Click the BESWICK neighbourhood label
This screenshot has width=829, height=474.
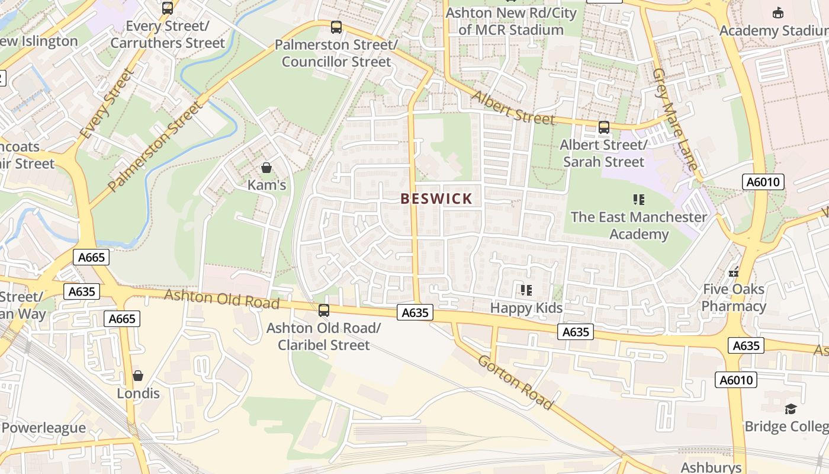[436, 199]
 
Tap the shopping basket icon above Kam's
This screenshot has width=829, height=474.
[266, 168]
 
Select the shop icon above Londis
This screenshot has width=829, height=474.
[138, 376]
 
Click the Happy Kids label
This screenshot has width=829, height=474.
[526, 308]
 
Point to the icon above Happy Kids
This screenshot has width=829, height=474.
[526, 290]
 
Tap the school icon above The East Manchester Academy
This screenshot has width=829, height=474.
[638, 199]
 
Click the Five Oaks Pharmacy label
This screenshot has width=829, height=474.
[734, 297]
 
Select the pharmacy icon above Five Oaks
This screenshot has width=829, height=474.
[734, 273]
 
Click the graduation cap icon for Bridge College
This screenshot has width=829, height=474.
[791, 409]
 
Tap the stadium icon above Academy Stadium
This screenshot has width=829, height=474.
[778, 12]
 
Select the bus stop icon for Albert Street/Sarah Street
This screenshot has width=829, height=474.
[603, 127]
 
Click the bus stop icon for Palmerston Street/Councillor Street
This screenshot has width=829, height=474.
[336, 27]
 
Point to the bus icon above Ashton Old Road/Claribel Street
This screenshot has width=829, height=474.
[323, 310]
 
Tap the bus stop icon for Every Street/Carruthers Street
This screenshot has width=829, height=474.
[168, 8]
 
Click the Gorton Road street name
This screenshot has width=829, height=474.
[515, 383]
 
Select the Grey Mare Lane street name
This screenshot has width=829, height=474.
[675, 119]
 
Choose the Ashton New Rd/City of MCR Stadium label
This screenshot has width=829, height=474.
[511, 21]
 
